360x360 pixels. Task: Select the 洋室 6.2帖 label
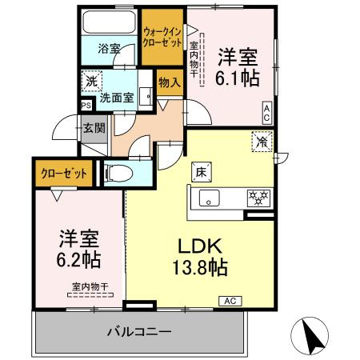tap(78, 248)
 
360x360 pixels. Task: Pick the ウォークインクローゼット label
tap(162, 36)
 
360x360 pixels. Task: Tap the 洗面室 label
tap(118, 98)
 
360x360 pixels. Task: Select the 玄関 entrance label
tap(94, 127)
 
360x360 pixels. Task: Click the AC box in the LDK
tap(228, 301)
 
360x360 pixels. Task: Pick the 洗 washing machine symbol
tap(92, 81)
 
